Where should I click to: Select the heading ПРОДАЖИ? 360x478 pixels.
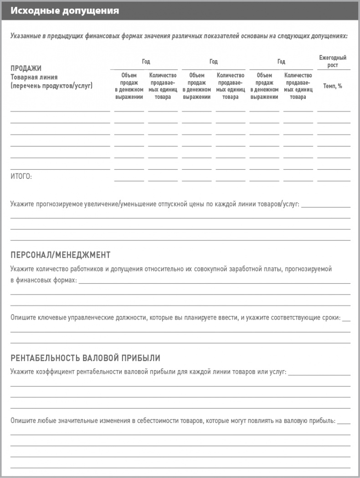point(26,68)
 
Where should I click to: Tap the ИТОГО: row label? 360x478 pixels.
point(21,177)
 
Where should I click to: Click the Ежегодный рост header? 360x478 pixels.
point(333,61)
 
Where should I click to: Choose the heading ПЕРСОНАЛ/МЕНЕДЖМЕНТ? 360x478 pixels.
point(60,255)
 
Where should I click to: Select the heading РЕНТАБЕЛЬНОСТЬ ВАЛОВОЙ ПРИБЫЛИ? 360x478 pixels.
point(85,358)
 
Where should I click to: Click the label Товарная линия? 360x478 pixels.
point(34,77)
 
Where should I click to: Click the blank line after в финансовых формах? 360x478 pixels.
point(214,281)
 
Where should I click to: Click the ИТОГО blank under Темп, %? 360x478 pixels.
point(334,180)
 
